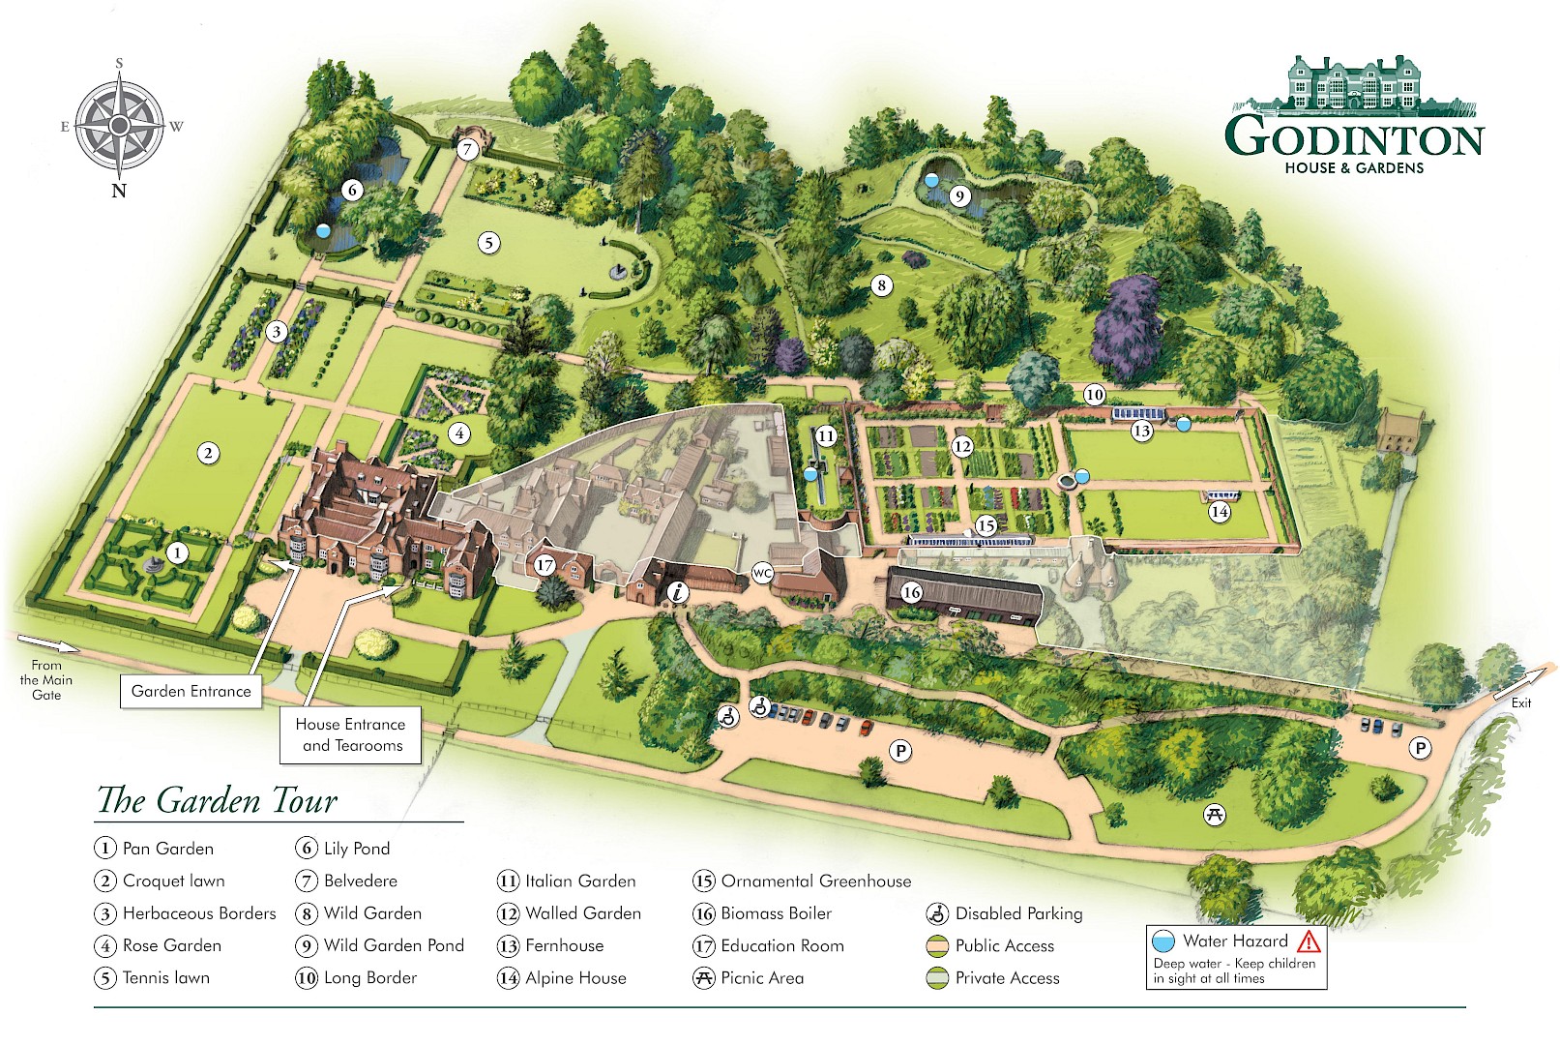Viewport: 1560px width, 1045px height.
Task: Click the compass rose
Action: (119, 126)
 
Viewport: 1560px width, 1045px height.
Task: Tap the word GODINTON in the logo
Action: (1354, 137)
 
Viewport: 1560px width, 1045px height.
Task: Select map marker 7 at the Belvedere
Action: (467, 149)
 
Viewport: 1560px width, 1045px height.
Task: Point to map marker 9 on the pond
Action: (959, 196)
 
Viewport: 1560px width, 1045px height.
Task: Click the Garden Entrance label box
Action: (191, 691)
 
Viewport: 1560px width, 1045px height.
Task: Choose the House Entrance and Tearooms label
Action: (350, 735)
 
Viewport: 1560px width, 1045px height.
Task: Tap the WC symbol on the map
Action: (762, 574)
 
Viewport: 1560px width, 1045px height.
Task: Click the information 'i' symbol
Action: (678, 593)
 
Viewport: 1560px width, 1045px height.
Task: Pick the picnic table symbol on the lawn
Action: (1215, 815)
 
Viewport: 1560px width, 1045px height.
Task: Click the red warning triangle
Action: (1310, 941)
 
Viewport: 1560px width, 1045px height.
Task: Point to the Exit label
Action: (1521, 703)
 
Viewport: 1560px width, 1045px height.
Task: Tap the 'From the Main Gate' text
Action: (46, 680)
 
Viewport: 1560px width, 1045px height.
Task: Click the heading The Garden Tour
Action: (218, 800)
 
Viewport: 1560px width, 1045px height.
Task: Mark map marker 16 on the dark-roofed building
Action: (911, 593)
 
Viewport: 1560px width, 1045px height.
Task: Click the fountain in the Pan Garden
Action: (152, 565)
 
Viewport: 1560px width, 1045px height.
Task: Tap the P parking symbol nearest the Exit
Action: (1420, 749)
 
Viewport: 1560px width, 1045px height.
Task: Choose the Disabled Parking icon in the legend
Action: (938, 913)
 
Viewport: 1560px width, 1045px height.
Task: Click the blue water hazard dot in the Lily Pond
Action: (322, 230)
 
